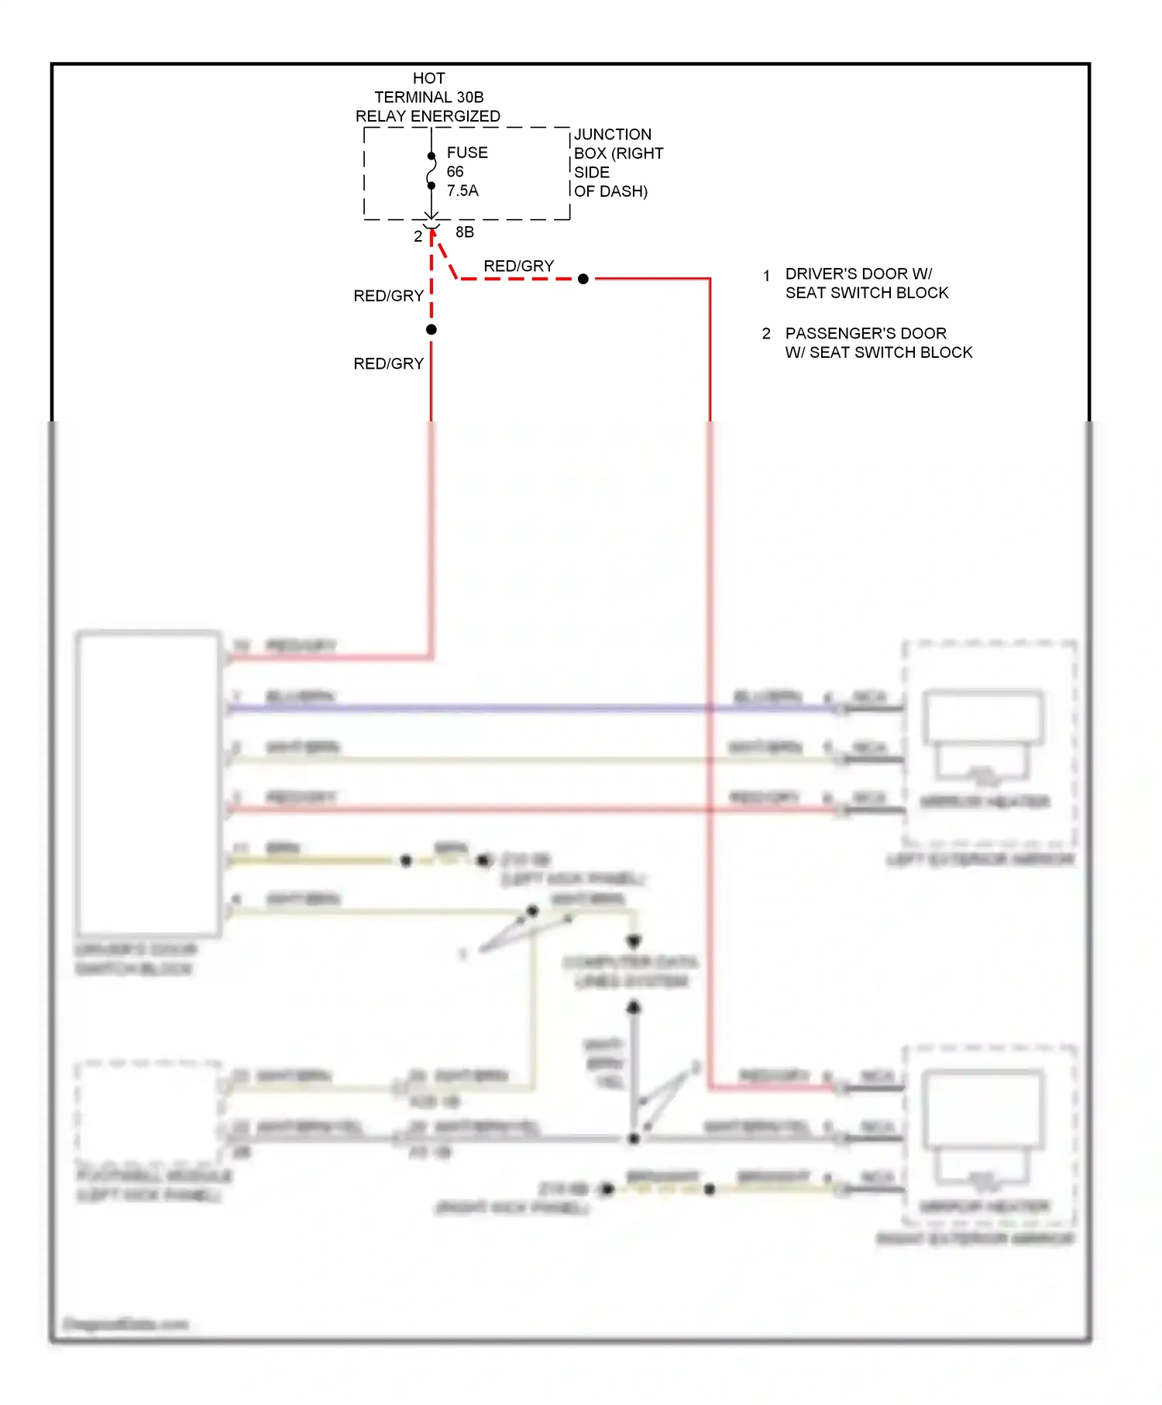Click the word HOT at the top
pyautogui.click(x=428, y=78)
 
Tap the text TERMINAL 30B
pyautogui.click(x=428, y=98)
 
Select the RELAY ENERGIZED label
pyautogui.click(x=428, y=116)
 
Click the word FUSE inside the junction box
pyautogui.click(x=467, y=153)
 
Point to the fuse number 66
pyautogui.click(x=455, y=172)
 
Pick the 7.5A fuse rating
pyautogui.click(x=462, y=191)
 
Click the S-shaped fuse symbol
pyautogui.click(x=431, y=171)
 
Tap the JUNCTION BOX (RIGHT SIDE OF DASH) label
pyautogui.click(x=617, y=163)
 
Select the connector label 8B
pyautogui.click(x=465, y=232)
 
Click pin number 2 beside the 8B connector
pyautogui.click(x=418, y=236)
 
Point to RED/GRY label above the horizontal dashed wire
pyautogui.click(x=518, y=266)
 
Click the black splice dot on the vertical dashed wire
pyautogui.click(x=431, y=330)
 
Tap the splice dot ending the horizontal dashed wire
pyautogui.click(x=583, y=279)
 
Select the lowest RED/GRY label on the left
pyautogui.click(x=388, y=364)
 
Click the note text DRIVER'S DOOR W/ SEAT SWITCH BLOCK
pyautogui.click(x=866, y=283)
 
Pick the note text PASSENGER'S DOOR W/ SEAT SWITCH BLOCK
pyautogui.click(x=878, y=343)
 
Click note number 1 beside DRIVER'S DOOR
pyautogui.click(x=766, y=276)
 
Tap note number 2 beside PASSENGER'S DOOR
pyautogui.click(x=766, y=334)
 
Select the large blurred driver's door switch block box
pyautogui.click(x=148, y=783)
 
